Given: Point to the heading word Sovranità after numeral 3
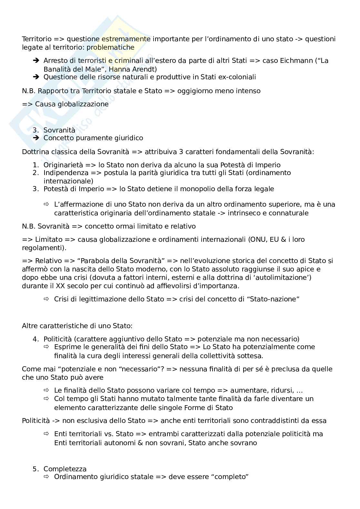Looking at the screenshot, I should pos(59,130).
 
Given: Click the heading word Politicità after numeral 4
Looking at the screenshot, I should pos(58,339).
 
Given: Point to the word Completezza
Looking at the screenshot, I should pos(65,469).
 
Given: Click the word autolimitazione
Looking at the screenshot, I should pos(283,278).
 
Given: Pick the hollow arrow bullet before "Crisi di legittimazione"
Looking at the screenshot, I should pos(46,299).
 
